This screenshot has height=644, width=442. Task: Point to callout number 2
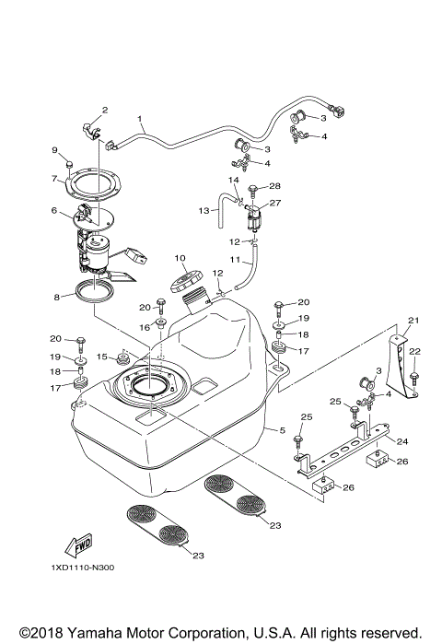pyautogui.click(x=104, y=111)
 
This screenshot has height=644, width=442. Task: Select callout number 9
pyautogui.click(x=54, y=150)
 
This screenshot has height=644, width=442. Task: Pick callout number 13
pyautogui.click(x=204, y=211)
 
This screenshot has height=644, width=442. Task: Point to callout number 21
pyautogui.click(x=413, y=321)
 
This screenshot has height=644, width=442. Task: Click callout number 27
pyautogui.click(x=274, y=204)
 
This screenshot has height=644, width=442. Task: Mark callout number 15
pyautogui.click(x=102, y=356)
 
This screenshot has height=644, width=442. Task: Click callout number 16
pyautogui.click(x=145, y=326)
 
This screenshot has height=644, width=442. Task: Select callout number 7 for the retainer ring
pyautogui.click(x=54, y=179)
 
